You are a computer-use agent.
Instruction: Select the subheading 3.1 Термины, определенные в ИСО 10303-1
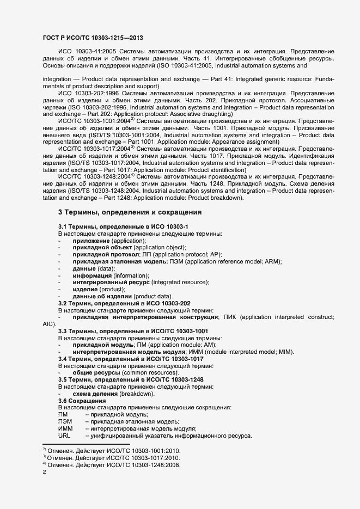[x=124, y=226]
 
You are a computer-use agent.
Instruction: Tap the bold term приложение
[x=91, y=240]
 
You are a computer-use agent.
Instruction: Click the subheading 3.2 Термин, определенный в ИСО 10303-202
[x=124, y=303]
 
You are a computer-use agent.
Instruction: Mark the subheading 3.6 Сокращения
[x=82, y=401]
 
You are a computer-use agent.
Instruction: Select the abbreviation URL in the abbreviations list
[x=64, y=436]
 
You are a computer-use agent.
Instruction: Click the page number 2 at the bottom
[x=44, y=473]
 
